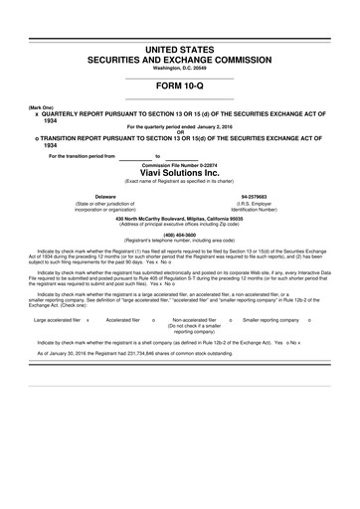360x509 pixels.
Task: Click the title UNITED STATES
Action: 180,48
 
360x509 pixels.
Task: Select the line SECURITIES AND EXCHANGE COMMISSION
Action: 180,59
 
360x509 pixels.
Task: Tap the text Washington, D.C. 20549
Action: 180,68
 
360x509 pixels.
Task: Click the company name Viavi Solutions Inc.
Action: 180,171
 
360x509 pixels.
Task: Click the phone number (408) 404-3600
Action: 180,235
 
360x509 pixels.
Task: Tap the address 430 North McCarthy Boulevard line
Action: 180,218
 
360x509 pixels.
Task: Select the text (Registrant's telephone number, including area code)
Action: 180,241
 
